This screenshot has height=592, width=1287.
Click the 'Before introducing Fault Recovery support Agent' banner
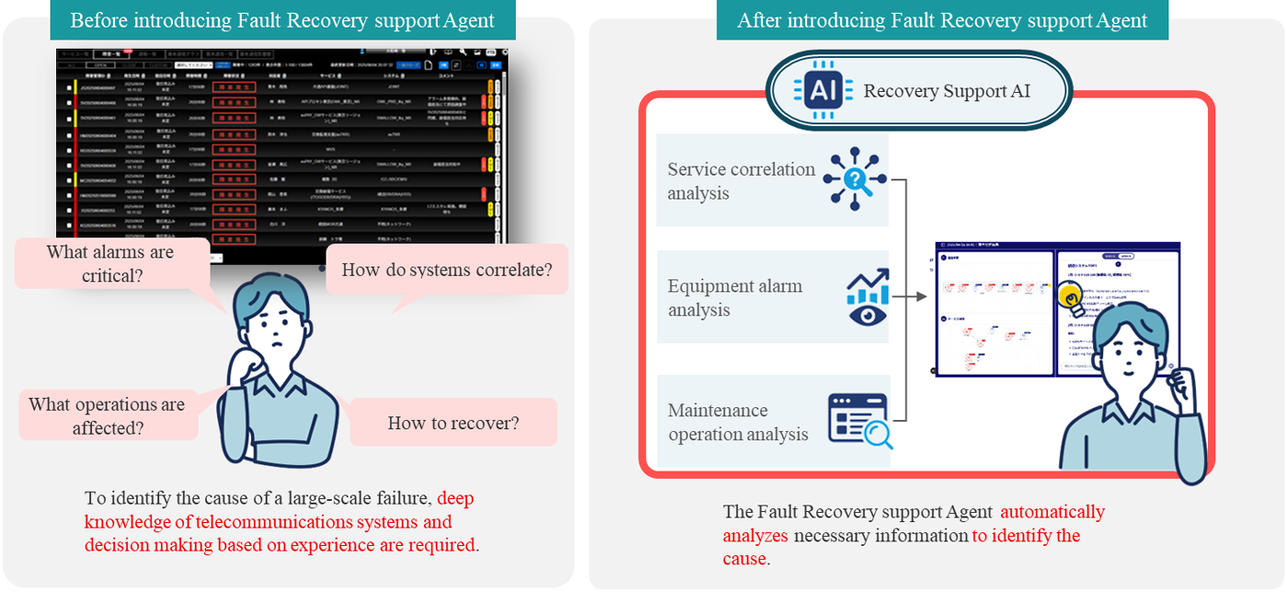click(282, 20)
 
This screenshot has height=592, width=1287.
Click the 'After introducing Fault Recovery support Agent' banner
click(942, 20)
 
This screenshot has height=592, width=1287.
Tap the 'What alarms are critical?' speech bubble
click(110, 263)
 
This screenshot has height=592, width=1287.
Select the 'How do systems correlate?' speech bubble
click(447, 270)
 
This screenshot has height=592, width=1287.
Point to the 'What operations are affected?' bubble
click(107, 416)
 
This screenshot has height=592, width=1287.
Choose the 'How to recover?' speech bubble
click(453, 423)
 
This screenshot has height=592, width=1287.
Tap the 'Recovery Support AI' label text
click(946, 91)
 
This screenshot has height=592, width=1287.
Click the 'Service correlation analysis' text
click(741, 181)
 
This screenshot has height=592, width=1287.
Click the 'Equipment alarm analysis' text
click(735, 298)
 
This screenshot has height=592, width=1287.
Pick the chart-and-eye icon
click(867, 297)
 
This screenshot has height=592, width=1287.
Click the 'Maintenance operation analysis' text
click(737, 422)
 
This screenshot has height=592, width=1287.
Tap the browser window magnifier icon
click(860, 421)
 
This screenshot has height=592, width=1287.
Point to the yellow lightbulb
click(1072, 296)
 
